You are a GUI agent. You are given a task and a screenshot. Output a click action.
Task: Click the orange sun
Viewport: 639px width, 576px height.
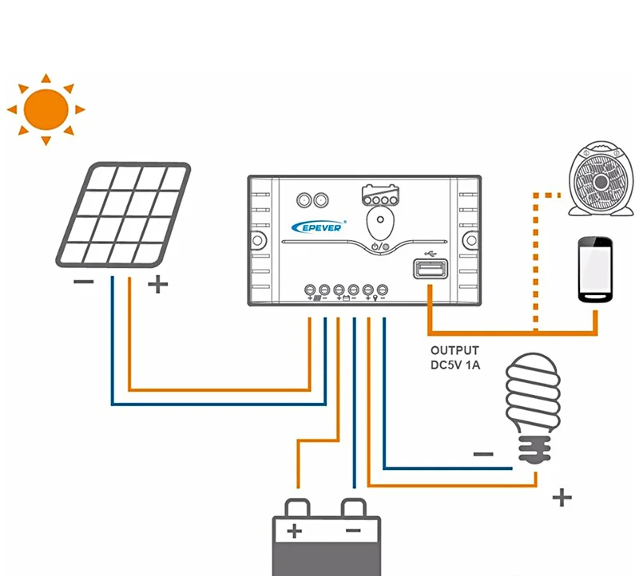46,109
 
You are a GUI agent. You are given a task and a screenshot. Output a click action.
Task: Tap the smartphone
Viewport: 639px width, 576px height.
595,270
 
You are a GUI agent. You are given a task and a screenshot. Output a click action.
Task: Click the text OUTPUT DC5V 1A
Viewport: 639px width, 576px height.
455,357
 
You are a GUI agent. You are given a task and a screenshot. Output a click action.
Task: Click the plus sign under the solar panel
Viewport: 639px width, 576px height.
158,283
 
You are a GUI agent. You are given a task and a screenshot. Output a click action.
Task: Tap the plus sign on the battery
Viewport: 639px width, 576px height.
295,531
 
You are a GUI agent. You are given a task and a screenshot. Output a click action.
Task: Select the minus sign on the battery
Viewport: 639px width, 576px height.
353,531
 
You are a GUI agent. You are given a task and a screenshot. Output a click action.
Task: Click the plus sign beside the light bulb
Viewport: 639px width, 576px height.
562,499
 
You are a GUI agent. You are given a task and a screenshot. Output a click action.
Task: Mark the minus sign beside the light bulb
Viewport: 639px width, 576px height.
483,455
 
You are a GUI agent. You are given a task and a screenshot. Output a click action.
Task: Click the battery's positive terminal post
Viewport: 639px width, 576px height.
297,507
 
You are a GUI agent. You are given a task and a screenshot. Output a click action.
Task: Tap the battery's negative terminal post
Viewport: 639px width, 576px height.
353,507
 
